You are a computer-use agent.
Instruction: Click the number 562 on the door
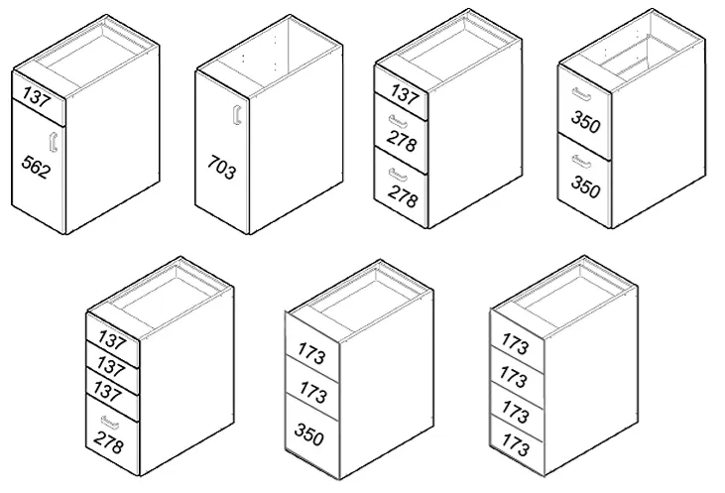tap(36, 167)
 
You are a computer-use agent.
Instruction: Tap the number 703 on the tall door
tap(221, 168)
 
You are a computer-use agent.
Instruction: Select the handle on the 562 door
tap(54, 142)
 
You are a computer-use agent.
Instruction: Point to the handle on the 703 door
tap(238, 115)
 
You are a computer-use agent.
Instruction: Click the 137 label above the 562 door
tap(36, 96)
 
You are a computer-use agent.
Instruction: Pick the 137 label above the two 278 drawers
tap(405, 94)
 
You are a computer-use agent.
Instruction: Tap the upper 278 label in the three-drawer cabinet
tap(402, 141)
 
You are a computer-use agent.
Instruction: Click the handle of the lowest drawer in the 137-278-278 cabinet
tap(398, 175)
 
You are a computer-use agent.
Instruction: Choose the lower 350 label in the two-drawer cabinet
tap(586, 185)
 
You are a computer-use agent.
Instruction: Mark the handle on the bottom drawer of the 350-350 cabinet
tap(581, 162)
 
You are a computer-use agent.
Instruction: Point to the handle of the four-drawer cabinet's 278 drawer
tap(110, 421)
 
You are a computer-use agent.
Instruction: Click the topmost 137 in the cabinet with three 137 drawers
tap(112, 340)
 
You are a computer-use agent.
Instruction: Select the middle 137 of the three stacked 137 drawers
tap(110, 366)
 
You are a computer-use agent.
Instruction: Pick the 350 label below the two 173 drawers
tap(308, 434)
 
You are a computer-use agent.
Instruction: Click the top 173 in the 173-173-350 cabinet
tap(311, 353)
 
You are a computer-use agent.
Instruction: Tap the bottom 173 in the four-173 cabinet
tap(515, 445)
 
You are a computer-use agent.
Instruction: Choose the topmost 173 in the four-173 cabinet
tap(515, 343)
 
